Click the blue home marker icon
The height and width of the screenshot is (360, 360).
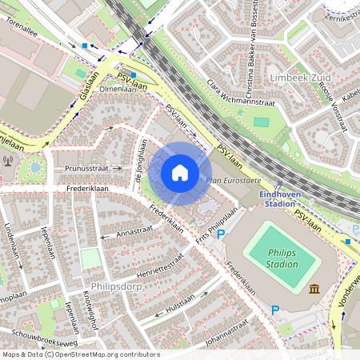pos(180,173)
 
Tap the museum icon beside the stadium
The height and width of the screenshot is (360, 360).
pos(314,288)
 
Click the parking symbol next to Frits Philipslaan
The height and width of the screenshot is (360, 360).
pos(222,234)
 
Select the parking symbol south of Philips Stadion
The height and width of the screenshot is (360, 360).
pos(275,310)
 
